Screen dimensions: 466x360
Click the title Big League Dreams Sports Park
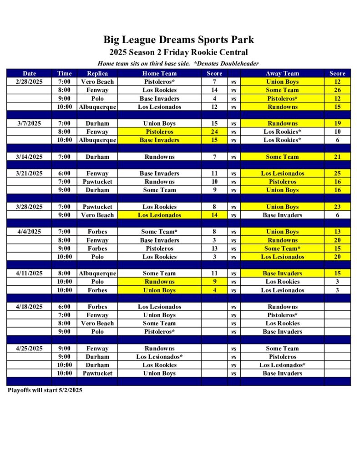click(x=178, y=40)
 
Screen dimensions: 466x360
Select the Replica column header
click(x=97, y=73)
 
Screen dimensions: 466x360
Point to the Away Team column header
click(x=282, y=73)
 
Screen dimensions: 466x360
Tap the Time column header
click(x=64, y=73)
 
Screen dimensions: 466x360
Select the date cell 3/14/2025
click(x=29, y=157)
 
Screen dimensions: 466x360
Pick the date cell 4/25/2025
click(x=29, y=348)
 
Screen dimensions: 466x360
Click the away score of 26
click(x=337, y=90)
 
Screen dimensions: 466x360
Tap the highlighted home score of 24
click(x=214, y=132)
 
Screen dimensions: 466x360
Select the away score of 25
click(x=337, y=173)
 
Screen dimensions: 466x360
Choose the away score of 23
click(x=337, y=207)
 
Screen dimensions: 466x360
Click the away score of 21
click(x=337, y=157)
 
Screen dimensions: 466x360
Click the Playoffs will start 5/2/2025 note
click(x=45, y=390)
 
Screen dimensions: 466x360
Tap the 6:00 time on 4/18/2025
click(x=64, y=307)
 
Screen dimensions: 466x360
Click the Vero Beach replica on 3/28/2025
click(x=97, y=215)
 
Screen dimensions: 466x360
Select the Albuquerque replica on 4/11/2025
click(x=97, y=273)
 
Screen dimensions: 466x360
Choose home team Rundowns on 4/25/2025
click(x=159, y=348)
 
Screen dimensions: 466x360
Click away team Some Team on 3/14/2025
click(x=282, y=157)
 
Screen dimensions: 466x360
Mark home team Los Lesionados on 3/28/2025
click(x=159, y=215)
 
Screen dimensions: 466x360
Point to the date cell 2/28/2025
click(x=29, y=81)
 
